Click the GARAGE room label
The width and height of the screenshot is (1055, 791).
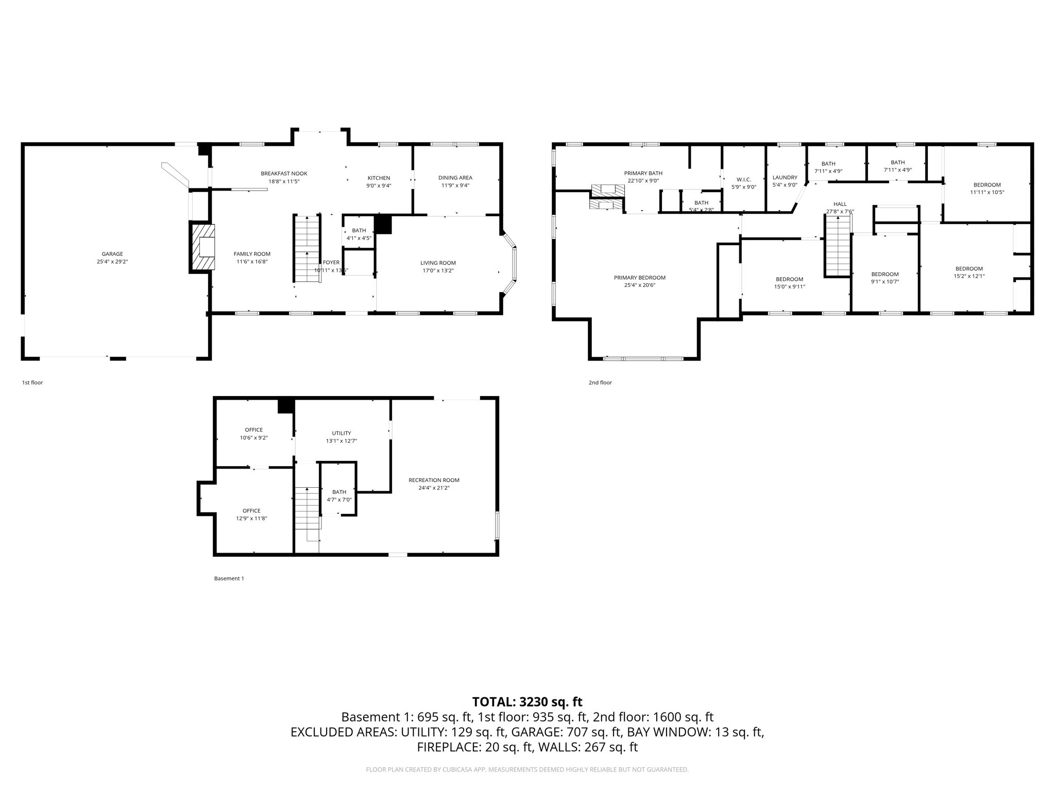click(112, 254)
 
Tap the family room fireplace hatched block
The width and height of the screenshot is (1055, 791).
click(202, 247)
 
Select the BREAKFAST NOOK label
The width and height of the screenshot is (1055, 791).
click(284, 174)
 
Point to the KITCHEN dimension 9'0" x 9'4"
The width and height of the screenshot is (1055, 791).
click(379, 185)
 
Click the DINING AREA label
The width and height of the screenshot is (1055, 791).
click(455, 178)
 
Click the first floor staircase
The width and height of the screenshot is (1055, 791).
click(307, 248)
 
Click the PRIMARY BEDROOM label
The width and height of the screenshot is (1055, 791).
click(639, 278)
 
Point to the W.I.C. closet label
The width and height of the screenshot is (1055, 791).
click(743, 180)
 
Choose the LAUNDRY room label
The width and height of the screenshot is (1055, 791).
click(785, 178)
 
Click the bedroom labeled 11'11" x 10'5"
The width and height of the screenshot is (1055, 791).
click(986, 188)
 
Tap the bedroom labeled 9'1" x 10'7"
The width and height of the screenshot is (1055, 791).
click(884, 278)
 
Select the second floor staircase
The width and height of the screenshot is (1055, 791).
click(837, 246)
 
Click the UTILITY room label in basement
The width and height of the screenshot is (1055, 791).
click(341, 433)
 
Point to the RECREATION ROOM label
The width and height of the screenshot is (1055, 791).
click(434, 480)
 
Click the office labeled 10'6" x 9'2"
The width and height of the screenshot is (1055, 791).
click(253, 434)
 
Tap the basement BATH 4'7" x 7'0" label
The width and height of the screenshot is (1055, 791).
click(339, 495)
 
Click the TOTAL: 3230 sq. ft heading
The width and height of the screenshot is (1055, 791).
click(527, 701)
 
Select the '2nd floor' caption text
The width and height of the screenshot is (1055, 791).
click(600, 383)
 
